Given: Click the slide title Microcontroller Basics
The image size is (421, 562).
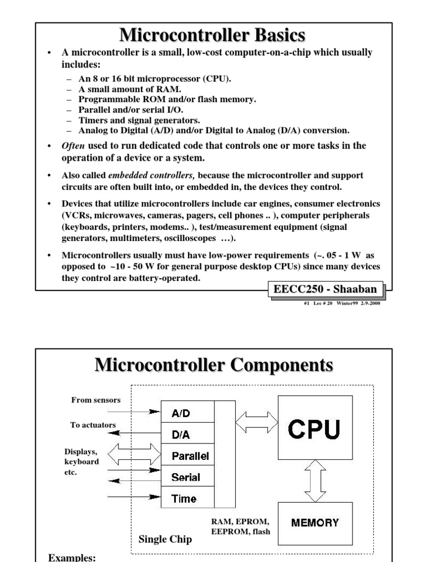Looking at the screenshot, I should click(x=212, y=36).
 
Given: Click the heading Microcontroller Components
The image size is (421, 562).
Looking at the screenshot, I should click(x=214, y=364).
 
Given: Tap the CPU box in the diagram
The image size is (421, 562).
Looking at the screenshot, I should click(x=314, y=429).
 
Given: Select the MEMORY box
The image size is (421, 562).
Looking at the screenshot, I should click(x=315, y=522).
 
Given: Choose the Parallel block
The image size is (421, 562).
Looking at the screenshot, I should click(x=187, y=456).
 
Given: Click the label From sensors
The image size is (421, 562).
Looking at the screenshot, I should click(x=95, y=400).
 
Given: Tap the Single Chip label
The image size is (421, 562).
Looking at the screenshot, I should click(x=165, y=539).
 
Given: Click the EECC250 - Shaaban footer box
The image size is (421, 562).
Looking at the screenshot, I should click(x=327, y=289).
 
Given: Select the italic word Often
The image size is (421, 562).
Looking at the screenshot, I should click(x=73, y=145).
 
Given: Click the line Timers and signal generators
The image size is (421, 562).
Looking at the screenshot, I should click(x=139, y=120).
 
